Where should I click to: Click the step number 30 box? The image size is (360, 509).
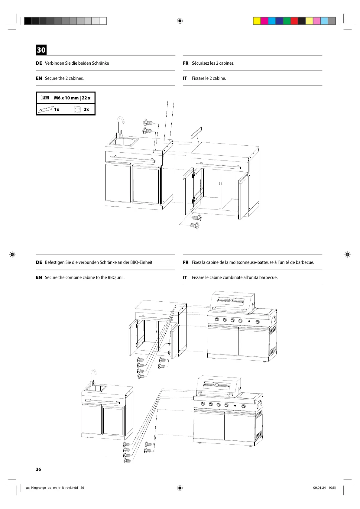[x=41, y=50]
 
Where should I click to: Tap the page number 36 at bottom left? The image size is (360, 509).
[x=38, y=469]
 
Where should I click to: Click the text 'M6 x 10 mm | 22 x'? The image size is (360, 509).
[x=72, y=98]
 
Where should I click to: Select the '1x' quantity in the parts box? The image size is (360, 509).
[x=57, y=109]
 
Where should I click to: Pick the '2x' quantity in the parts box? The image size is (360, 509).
[x=86, y=109]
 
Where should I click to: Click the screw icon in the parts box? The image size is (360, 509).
[x=45, y=98]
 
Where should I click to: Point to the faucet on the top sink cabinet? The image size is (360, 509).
[x=120, y=125]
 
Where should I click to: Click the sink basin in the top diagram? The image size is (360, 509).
[x=124, y=141]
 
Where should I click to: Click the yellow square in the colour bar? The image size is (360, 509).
[x=257, y=21]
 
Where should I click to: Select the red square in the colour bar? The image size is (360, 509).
[x=294, y=21]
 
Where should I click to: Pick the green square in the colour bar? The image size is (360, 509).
[x=287, y=21]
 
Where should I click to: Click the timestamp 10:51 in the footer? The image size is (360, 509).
[x=332, y=488]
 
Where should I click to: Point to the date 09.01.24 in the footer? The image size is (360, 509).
[x=319, y=488]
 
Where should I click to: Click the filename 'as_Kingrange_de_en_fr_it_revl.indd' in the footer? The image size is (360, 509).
[x=52, y=488]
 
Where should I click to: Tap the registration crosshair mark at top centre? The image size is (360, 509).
[x=180, y=21]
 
